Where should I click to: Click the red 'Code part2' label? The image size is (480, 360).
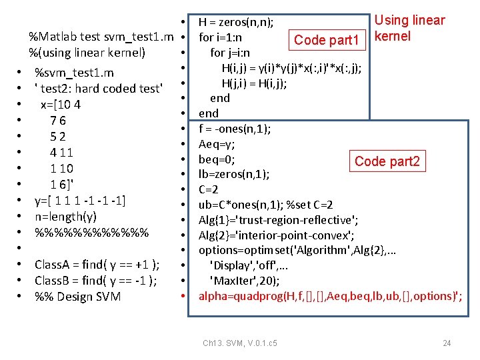point(387,161)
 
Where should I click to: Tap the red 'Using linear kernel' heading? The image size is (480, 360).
point(409,28)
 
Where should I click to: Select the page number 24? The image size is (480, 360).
point(447,343)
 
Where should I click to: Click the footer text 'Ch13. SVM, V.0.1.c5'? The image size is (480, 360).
point(240,343)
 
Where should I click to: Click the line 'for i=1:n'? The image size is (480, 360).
point(220,37)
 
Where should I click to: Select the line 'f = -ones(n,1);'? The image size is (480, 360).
point(234,129)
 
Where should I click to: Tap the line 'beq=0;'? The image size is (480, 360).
point(216,159)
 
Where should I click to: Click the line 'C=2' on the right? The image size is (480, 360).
point(209,190)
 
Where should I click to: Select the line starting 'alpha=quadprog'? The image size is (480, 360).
point(331,296)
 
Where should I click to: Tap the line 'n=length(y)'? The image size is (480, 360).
point(65,217)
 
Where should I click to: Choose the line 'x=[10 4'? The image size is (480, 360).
point(61,105)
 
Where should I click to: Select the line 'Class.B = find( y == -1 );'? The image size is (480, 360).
point(96,281)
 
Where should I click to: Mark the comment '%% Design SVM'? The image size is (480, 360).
point(77,297)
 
